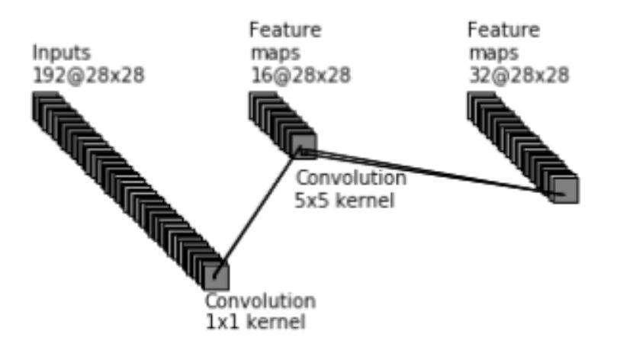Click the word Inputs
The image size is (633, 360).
(61, 53)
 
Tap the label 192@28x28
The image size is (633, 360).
(88, 76)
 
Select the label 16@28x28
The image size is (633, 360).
(300, 76)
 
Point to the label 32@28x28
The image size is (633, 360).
(519, 76)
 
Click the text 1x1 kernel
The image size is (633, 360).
(255, 322)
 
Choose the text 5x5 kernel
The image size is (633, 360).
(345, 200)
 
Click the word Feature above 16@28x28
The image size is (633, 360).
(285, 30)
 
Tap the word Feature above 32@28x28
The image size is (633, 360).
(504, 30)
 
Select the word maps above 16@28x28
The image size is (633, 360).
(276, 53)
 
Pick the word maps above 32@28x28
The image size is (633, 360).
(494, 53)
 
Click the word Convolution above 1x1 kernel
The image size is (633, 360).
(260, 301)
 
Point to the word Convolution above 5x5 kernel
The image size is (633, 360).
(351, 178)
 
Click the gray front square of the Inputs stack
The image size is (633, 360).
(217, 277)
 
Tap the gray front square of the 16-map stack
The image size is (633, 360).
(304, 146)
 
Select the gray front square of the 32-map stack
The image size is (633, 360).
(566, 190)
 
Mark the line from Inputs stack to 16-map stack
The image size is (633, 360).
(257, 213)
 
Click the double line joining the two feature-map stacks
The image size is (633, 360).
(432, 172)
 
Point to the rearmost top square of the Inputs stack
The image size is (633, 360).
(46, 105)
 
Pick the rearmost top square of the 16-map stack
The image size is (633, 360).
(263, 105)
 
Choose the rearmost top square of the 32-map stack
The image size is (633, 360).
(481, 105)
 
